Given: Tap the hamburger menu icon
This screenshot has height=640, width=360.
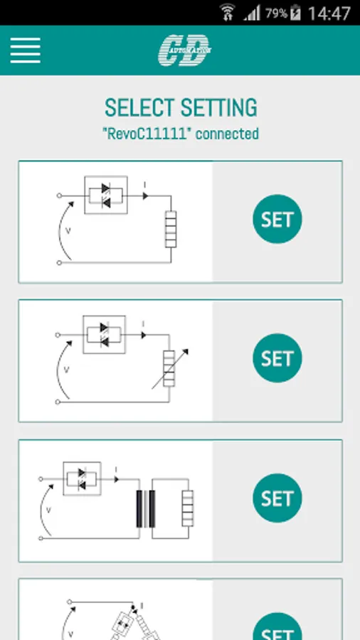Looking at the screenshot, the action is click(26, 50).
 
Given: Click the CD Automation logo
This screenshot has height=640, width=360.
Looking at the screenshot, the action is click(185, 50).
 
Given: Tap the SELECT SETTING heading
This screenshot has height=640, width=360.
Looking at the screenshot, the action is click(181, 108).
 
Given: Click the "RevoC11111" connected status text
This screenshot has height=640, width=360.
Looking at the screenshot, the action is click(181, 134).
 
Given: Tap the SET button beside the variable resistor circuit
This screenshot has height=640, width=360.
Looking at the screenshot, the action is click(277, 358).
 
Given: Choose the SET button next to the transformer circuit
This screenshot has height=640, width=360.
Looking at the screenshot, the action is click(277, 498).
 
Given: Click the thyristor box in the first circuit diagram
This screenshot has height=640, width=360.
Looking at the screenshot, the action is click(106, 195).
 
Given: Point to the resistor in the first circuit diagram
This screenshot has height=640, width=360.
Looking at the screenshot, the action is click(171, 229).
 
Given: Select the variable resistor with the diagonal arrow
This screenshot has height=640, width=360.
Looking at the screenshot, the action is click(169, 368).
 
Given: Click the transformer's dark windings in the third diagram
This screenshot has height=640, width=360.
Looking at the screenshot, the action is click(146, 509).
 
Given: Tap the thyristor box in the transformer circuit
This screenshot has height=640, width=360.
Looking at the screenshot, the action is click(82, 479).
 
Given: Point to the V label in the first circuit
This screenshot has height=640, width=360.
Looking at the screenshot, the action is click(68, 231).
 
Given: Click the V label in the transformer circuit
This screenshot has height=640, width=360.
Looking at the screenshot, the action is click(48, 510).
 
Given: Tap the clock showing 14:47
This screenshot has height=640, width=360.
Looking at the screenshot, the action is click(329, 13).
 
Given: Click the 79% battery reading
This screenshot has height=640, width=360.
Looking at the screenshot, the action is click(276, 14).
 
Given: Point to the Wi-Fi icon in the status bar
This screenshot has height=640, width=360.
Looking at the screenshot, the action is click(228, 12).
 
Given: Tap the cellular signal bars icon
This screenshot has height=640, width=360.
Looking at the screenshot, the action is click(252, 14).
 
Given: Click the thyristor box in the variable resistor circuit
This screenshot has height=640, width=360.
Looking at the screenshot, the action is click(104, 334).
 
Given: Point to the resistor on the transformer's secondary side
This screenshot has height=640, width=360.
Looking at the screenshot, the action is click(187, 508).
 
